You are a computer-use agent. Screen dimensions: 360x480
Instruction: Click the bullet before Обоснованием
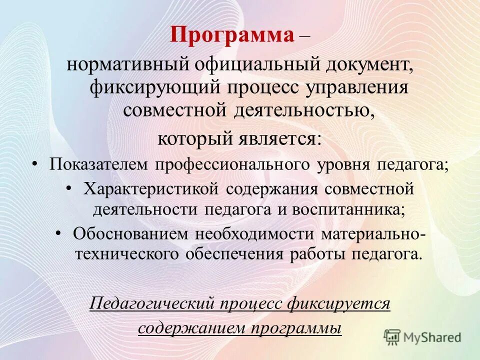[58, 232]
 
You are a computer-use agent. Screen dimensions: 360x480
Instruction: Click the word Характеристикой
[151, 189]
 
